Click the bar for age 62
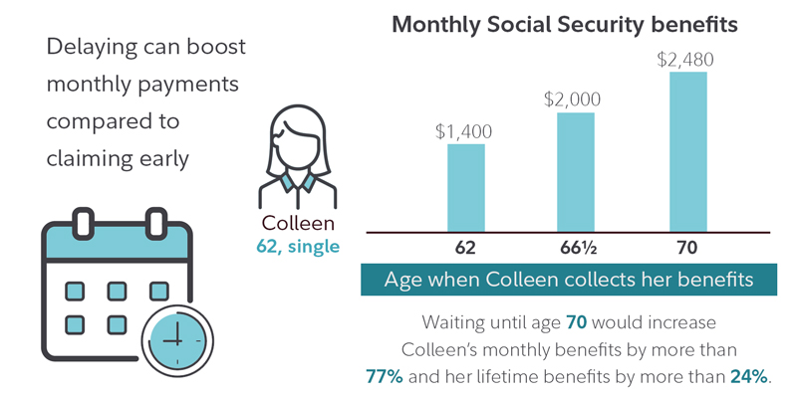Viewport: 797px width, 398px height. click(465, 187)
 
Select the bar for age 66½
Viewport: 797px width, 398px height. click(575, 171)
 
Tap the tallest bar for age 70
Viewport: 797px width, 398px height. click(687, 150)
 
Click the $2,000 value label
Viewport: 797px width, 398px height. click(575, 99)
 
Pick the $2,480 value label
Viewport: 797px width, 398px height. click(686, 59)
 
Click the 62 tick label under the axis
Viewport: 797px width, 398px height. click(465, 247)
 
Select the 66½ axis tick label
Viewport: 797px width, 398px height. click(575, 247)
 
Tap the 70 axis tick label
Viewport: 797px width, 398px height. click(687, 247)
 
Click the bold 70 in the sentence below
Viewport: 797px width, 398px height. click(576, 324)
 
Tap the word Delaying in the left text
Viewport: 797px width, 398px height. click(90, 48)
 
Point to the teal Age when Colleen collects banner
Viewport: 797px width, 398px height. click(569, 280)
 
